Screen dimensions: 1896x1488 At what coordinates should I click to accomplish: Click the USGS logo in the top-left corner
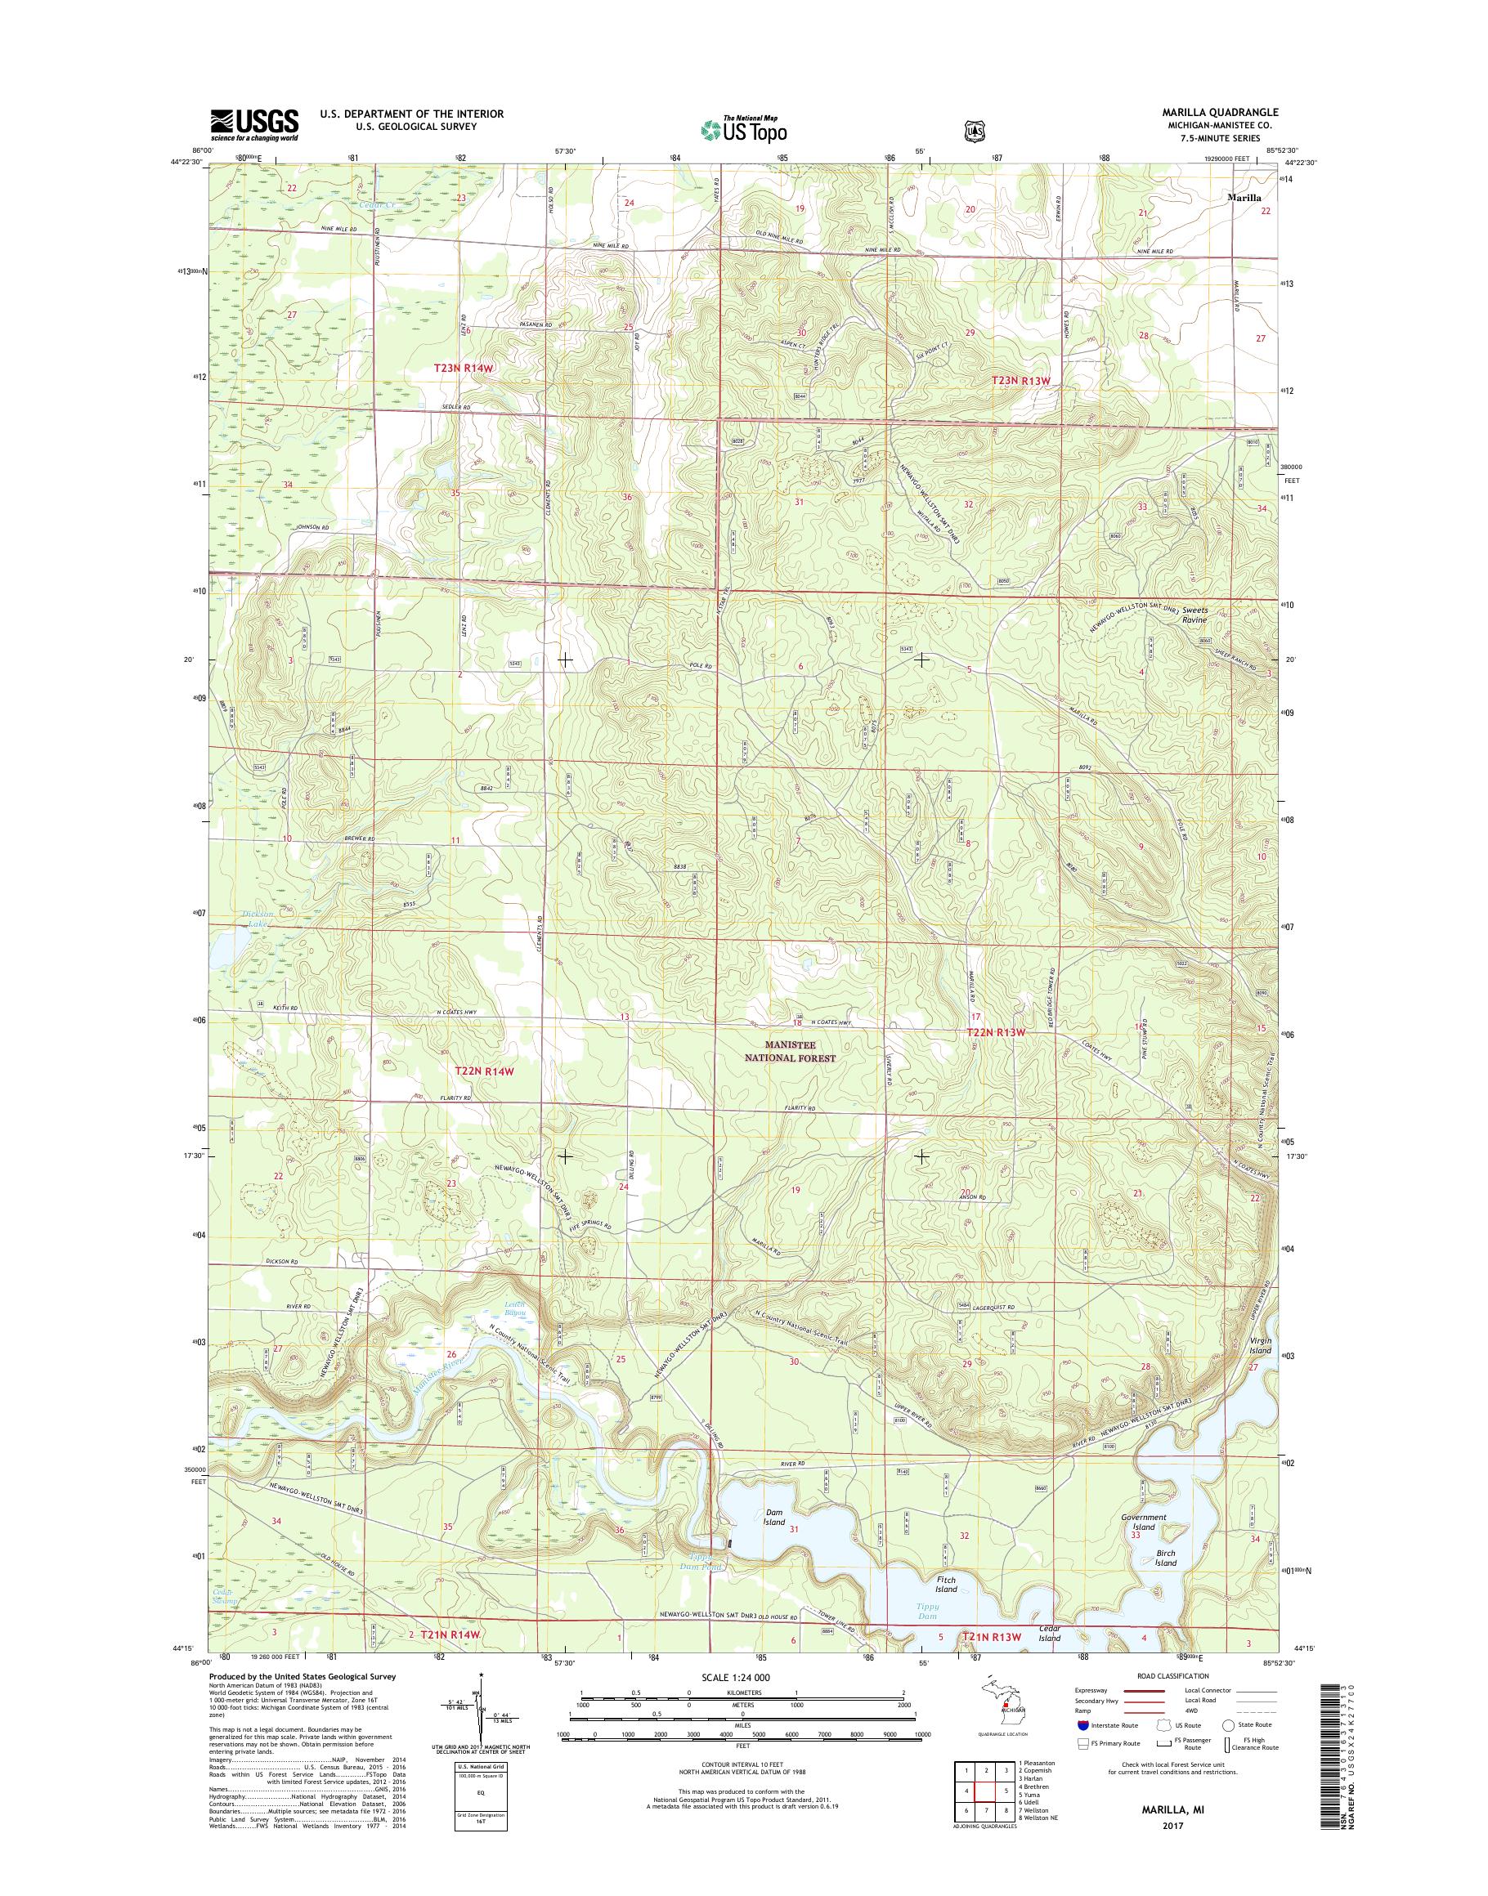[254, 124]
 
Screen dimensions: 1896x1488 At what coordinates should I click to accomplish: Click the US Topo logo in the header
[744, 129]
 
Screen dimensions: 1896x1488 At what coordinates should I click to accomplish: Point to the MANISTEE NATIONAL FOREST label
[793, 1052]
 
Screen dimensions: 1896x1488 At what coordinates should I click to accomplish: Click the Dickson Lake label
[258, 918]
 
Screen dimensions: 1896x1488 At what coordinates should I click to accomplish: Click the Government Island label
[1143, 1522]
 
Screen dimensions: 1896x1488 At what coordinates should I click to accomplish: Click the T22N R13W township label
[996, 1032]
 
